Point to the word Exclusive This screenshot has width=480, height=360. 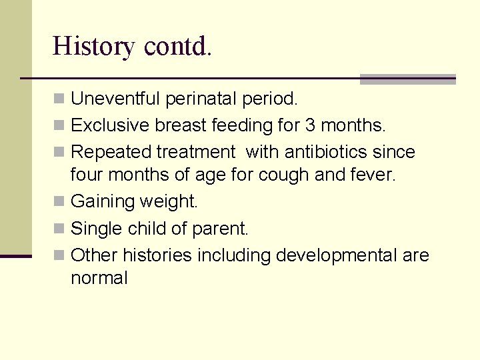[110, 125]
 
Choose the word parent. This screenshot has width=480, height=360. [219, 229]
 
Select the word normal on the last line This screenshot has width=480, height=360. [99, 279]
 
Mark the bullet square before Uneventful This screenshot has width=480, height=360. [59, 100]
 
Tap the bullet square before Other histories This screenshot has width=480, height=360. [59, 255]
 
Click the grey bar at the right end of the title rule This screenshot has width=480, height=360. [407, 79]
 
